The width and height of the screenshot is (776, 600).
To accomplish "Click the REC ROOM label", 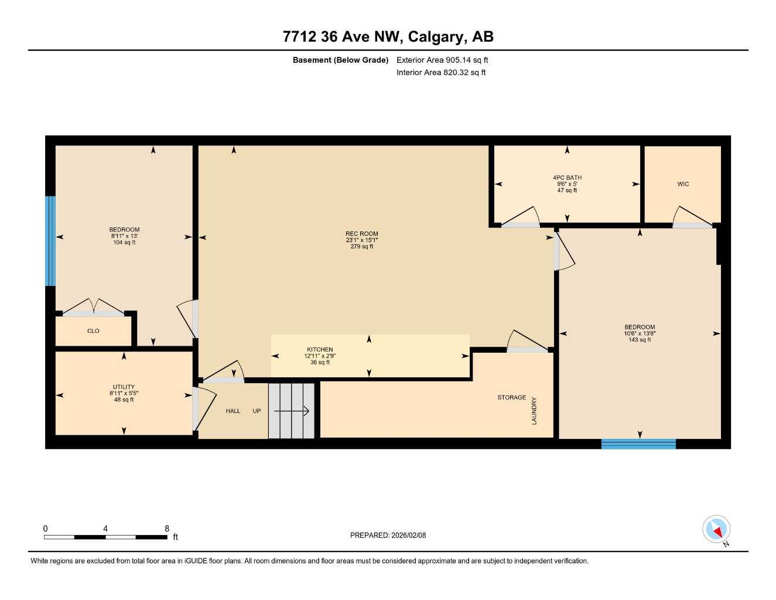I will pyautogui.click(x=361, y=234).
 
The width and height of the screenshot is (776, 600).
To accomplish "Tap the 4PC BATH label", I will pyautogui.click(x=567, y=178).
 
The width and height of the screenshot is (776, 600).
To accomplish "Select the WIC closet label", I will pyautogui.click(x=683, y=184).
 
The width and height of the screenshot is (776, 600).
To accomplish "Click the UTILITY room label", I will pyautogui.click(x=124, y=387).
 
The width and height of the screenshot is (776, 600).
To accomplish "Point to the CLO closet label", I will pyautogui.click(x=93, y=331).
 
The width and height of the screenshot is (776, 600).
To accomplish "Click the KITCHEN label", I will pyautogui.click(x=320, y=350).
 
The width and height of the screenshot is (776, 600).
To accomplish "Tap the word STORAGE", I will pyautogui.click(x=511, y=397).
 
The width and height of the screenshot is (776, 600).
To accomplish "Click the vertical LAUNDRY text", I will pyautogui.click(x=534, y=411).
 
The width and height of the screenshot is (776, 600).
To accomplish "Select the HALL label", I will pyautogui.click(x=233, y=411).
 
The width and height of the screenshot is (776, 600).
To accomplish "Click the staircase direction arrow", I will pyautogui.click(x=292, y=411).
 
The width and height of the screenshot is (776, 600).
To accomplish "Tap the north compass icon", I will pyautogui.click(x=716, y=530).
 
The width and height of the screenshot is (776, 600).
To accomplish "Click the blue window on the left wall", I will pyautogui.click(x=50, y=241).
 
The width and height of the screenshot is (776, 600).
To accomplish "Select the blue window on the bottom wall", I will pyautogui.click(x=638, y=444).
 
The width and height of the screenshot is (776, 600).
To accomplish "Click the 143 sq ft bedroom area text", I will pyautogui.click(x=640, y=340).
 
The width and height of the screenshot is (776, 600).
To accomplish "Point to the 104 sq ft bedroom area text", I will pyautogui.click(x=124, y=243).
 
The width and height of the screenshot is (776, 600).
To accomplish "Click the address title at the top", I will pyautogui.click(x=388, y=36).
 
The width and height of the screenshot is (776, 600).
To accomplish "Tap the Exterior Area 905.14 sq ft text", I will pyautogui.click(x=442, y=60).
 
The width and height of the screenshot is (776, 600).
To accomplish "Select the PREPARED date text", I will pyautogui.click(x=388, y=535).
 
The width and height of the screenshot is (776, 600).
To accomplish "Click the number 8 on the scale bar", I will pyautogui.click(x=167, y=529).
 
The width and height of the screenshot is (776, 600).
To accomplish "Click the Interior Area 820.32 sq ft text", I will pyautogui.click(x=441, y=73).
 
